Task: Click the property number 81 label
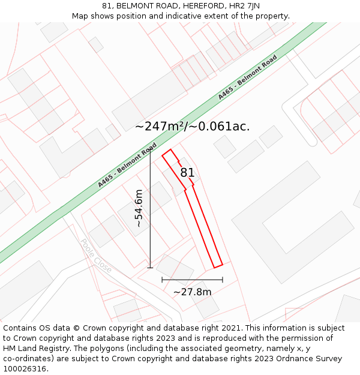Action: [187, 173]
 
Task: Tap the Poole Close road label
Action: [96, 256]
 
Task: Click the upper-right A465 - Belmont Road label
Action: [247, 77]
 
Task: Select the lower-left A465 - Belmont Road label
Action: [127, 165]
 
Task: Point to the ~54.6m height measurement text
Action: [139, 208]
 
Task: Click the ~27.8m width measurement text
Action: [192, 292]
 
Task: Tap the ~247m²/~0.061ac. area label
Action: [192, 127]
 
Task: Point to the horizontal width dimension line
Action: [192, 280]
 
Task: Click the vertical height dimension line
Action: [150, 210]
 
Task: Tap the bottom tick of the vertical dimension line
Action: [150, 268]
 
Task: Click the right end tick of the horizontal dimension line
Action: [223, 280]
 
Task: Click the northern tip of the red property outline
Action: [170, 150]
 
